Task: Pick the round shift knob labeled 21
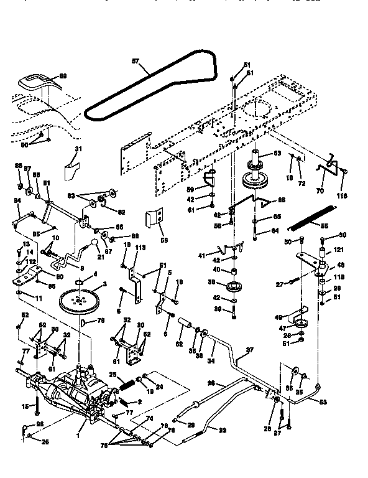[x=93, y=242]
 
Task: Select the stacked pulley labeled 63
[x=256, y=174]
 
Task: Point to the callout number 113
[x=140, y=247]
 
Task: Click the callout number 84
[x=17, y=200]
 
